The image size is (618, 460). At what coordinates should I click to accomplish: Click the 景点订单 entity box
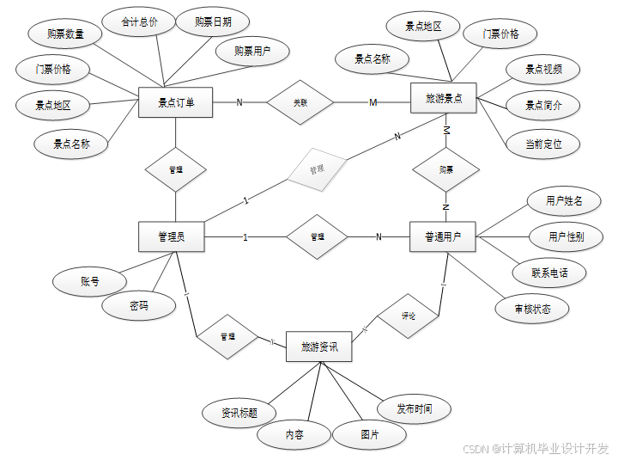click(175, 102)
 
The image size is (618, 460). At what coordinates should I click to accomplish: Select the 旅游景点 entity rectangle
click(444, 99)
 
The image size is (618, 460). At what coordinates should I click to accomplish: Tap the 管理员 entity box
click(173, 236)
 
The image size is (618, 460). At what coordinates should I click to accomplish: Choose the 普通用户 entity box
click(443, 236)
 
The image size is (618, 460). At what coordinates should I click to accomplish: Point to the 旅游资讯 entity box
click(319, 347)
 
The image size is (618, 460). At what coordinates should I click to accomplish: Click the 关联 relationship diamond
click(300, 102)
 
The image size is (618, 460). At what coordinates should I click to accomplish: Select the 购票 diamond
click(446, 169)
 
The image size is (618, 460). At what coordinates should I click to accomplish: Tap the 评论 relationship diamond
click(409, 316)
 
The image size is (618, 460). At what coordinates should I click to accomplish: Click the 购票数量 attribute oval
click(65, 34)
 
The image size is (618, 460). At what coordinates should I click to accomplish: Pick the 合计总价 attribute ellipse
click(140, 22)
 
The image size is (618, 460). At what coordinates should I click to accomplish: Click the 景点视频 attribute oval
click(544, 70)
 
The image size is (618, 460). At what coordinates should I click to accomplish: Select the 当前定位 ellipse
click(543, 144)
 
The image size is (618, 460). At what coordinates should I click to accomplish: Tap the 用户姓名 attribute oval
click(564, 201)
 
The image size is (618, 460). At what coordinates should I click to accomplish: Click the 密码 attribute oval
click(139, 305)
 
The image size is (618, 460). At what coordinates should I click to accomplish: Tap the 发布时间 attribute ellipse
click(415, 408)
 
